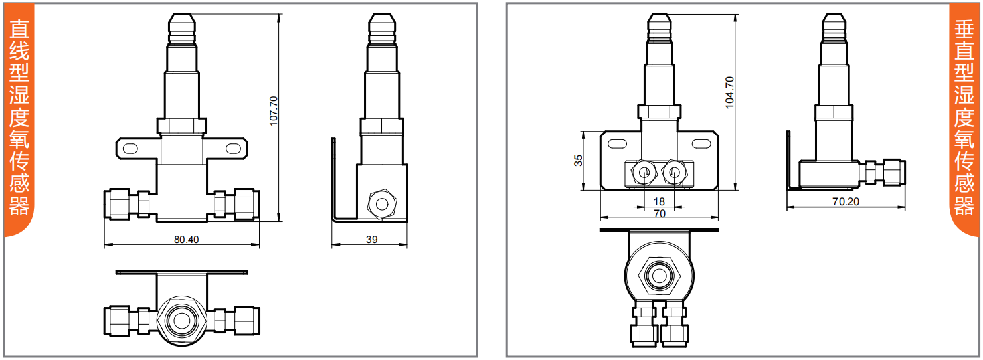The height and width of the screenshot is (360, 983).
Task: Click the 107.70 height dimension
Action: click(x=274, y=111)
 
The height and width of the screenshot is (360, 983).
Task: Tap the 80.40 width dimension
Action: click(x=187, y=240)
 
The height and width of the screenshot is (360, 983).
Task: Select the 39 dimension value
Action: click(x=372, y=240)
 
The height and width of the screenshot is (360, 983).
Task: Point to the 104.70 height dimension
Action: click(x=729, y=92)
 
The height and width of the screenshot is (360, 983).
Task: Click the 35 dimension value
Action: click(x=579, y=160)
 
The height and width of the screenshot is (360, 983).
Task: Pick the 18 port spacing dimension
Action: click(x=659, y=201)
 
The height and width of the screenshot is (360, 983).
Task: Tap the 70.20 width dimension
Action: click(x=846, y=201)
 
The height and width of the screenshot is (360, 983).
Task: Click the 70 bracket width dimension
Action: click(x=659, y=213)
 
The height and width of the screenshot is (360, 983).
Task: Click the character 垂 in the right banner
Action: click(x=964, y=29)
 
